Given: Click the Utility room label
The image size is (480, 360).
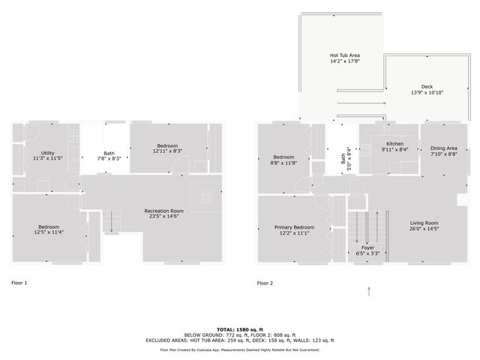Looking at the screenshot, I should (x=48, y=152).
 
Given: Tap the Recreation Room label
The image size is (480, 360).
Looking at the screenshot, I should (x=164, y=211).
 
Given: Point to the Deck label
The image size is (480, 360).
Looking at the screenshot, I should (x=427, y=86).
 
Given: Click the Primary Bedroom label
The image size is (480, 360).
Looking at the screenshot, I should (x=293, y=226).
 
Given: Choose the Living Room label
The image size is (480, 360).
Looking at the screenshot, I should (x=424, y=223).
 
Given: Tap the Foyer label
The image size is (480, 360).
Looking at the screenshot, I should (x=367, y=247).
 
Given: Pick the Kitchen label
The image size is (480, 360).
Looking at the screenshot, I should (x=395, y=143).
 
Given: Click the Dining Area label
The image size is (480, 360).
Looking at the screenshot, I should (x=442, y=148).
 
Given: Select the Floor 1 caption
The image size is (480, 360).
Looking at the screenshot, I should (x=19, y=283).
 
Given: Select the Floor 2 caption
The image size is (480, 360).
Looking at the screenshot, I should (x=265, y=283).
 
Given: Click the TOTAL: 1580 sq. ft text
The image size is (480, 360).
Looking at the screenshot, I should (x=240, y=329).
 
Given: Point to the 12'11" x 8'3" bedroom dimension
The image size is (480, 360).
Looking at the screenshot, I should (x=167, y=151).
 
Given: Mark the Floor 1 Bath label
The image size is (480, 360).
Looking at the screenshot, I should (x=109, y=153).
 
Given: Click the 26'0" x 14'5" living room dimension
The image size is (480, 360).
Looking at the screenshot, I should (x=424, y=229).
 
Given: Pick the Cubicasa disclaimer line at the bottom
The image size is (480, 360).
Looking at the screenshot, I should (x=240, y=349).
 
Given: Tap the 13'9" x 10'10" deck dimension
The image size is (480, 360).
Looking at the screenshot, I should (x=427, y=92).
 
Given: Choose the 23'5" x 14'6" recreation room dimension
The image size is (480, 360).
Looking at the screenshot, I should (x=164, y=217).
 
